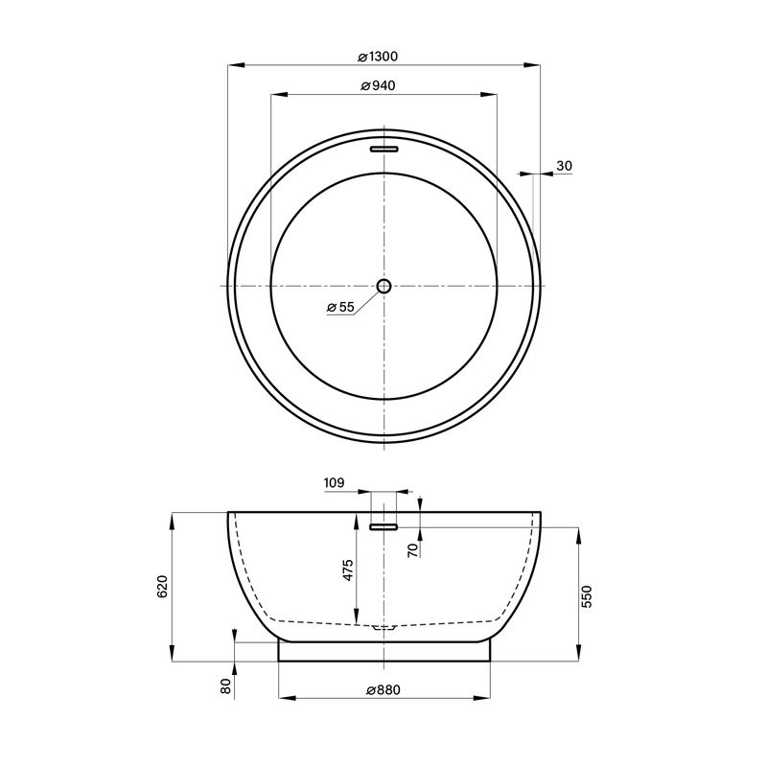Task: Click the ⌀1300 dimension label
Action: click(x=378, y=57)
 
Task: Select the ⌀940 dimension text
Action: click(x=378, y=86)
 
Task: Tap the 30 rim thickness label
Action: click(x=564, y=166)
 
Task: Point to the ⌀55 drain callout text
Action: click(x=340, y=307)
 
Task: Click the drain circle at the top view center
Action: click(x=384, y=286)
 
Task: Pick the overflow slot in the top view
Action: click(x=384, y=149)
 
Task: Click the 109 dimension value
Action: click(x=334, y=483)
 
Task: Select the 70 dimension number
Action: click(x=414, y=549)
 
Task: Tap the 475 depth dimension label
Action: click(x=347, y=569)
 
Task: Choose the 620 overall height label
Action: click(x=162, y=587)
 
